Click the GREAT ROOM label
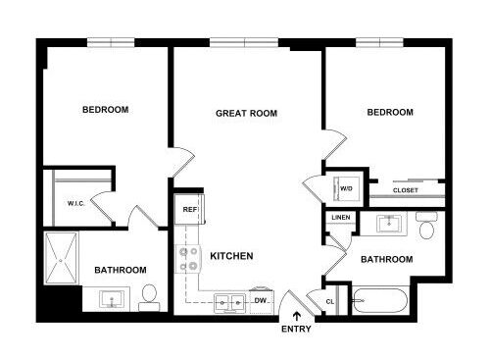click(x=246, y=113)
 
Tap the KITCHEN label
click(x=231, y=256)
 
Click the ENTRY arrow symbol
click(x=297, y=316)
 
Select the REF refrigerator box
click(x=189, y=209)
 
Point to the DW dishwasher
click(x=262, y=301)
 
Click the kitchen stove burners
click(x=187, y=259)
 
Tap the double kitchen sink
click(x=229, y=302)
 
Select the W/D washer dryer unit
click(x=347, y=188)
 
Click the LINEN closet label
click(x=341, y=218)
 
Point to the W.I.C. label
click(x=76, y=203)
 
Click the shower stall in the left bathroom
click(x=61, y=258)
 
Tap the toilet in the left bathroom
click(x=149, y=298)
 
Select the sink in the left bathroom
click(x=112, y=299)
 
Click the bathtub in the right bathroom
click(x=380, y=301)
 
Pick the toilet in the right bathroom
click(x=426, y=226)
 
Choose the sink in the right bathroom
click(x=389, y=224)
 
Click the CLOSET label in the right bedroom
click(x=406, y=190)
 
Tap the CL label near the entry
click(x=330, y=301)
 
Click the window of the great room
click(x=244, y=43)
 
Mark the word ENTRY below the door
click(x=296, y=329)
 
